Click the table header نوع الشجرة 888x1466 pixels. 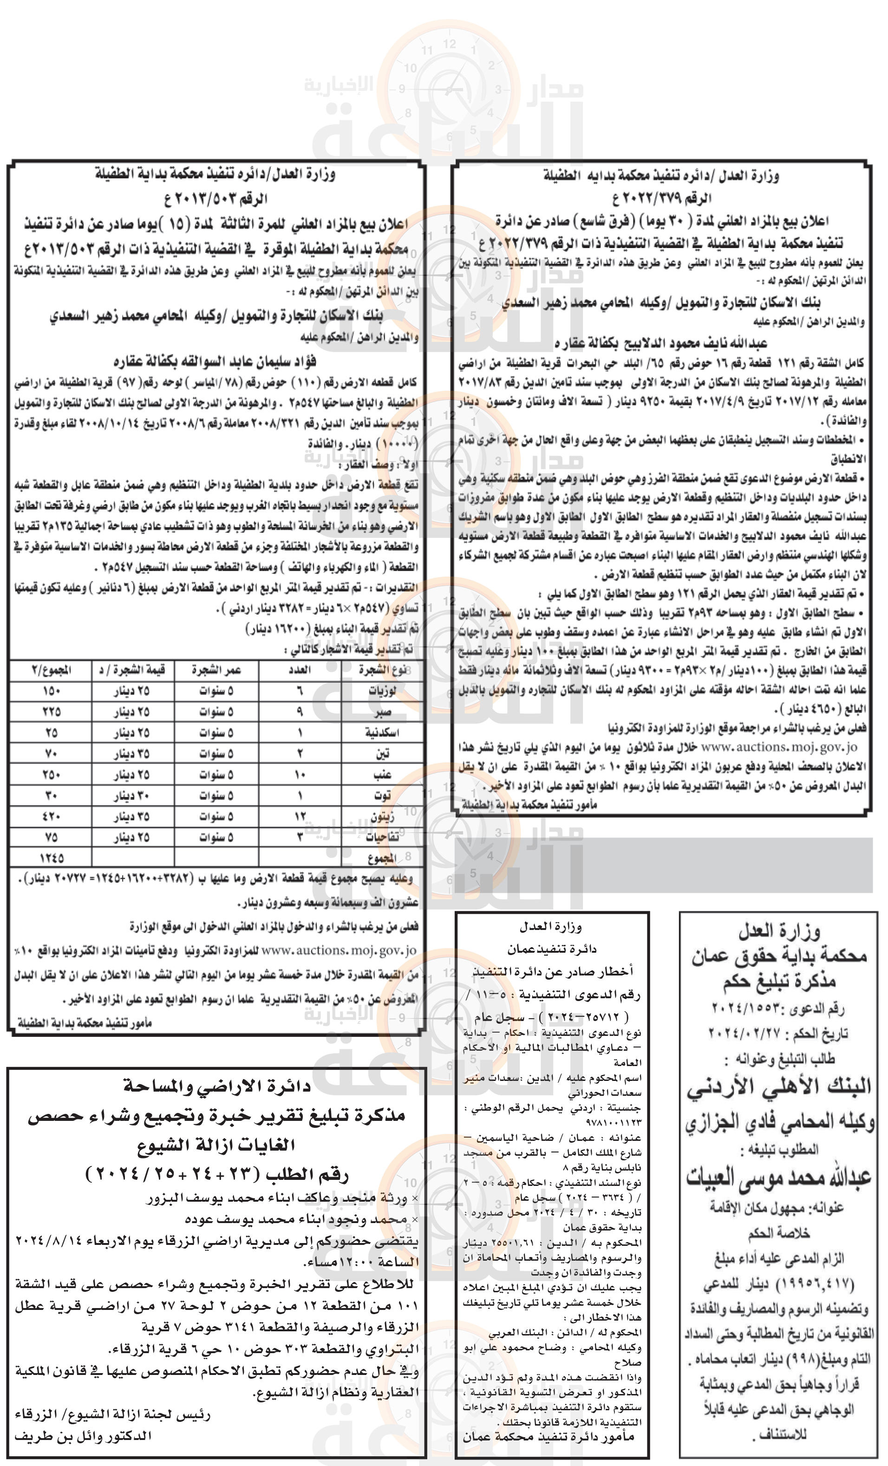tap(382, 670)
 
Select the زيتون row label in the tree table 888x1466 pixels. tap(382, 817)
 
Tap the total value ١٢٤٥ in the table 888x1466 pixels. tap(51, 858)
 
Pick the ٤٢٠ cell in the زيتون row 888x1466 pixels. tap(51, 817)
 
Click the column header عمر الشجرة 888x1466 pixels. tap(216, 670)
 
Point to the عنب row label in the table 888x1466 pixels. tap(382, 775)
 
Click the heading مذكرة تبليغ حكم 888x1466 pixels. tap(779, 981)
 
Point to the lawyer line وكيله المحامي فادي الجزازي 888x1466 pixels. tap(779, 1122)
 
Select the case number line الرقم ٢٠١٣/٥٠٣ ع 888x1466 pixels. tap(215, 199)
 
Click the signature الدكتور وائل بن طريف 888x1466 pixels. tap(83, 1436)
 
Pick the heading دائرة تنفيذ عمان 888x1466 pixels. tap(551, 949)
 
